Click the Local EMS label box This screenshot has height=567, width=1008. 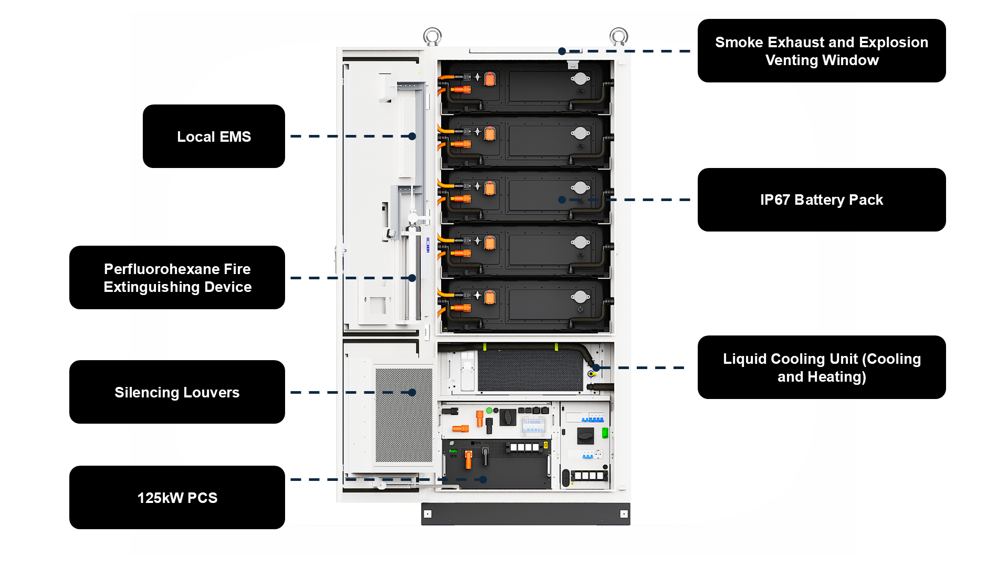(214, 136)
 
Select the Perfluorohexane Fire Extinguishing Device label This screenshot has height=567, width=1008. (177, 278)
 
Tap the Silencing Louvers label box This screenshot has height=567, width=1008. (177, 392)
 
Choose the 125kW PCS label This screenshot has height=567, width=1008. (177, 498)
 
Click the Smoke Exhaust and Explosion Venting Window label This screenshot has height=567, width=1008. (821, 51)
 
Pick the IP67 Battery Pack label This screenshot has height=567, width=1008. (821, 200)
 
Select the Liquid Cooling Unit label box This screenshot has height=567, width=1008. (821, 367)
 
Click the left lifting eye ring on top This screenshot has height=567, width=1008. (432, 37)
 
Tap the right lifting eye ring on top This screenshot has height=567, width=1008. (619, 37)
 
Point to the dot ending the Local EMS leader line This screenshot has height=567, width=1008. (413, 136)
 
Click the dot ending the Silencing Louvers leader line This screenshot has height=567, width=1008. (413, 392)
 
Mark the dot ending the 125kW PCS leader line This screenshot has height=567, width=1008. (483, 479)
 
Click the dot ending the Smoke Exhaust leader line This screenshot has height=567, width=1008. (562, 51)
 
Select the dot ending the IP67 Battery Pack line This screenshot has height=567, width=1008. (562, 200)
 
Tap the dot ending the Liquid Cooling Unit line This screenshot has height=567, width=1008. (596, 367)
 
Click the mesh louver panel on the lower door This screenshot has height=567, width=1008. (404, 415)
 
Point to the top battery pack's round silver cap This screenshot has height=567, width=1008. (580, 79)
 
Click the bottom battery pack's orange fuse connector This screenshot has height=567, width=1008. (490, 298)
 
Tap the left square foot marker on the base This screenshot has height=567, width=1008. (428, 514)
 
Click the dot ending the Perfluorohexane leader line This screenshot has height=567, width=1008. (413, 278)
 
